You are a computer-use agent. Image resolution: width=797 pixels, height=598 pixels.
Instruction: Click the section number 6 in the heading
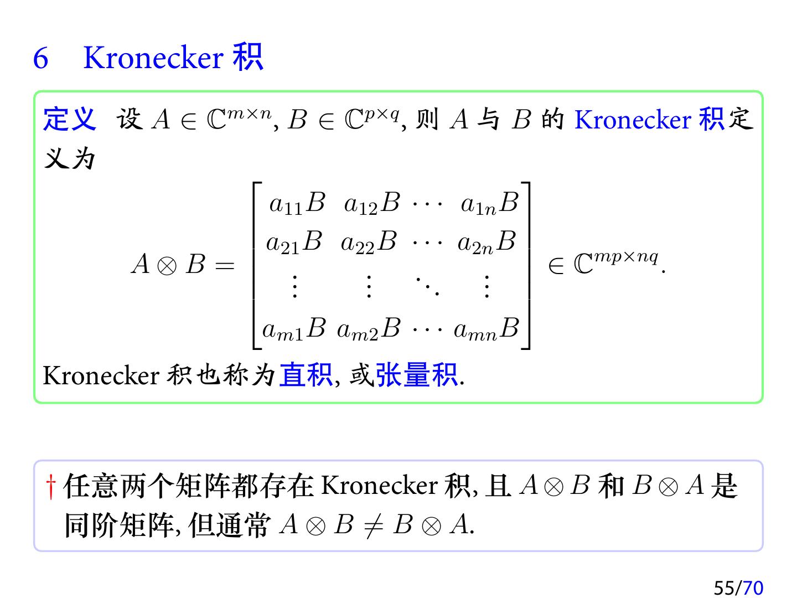coord(41,58)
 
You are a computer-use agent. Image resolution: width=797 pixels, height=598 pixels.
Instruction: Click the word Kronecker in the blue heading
coord(153,58)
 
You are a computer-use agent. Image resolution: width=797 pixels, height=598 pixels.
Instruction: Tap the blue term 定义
coord(69,119)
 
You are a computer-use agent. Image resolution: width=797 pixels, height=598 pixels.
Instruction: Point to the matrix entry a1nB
coord(489,204)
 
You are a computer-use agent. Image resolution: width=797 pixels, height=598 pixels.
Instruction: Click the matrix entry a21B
coord(294,243)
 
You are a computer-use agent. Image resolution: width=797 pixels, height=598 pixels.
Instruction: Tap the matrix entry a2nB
coord(487,243)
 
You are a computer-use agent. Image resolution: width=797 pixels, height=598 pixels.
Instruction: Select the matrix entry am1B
coord(294,329)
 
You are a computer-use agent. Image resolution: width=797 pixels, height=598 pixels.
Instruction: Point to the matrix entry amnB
coord(486,329)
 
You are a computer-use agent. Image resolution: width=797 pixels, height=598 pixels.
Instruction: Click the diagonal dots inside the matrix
coord(428,286)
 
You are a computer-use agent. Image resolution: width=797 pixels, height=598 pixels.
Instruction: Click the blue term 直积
coord(306,375)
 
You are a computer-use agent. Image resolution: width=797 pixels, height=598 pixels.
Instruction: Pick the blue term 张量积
coord(417,375)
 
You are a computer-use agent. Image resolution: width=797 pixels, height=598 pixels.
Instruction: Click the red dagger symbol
coord(51,486)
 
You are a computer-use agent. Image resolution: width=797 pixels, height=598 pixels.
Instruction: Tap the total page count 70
coord(753,587)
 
